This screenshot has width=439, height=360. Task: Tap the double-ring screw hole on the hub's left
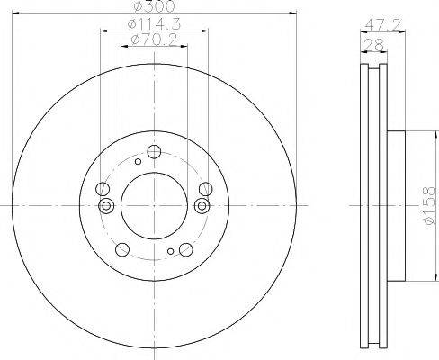point(107,206)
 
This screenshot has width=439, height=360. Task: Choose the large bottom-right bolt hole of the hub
point(186,250)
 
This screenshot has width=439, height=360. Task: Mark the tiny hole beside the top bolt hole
point(137,162)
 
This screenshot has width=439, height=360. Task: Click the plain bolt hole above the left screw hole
point(103,189)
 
